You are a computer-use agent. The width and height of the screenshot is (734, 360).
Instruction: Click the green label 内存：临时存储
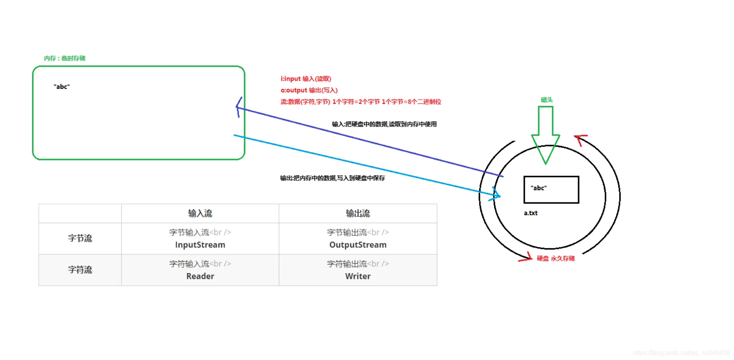[x=65, y=58]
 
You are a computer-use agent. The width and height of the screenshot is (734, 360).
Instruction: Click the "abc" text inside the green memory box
[x=62, y=87]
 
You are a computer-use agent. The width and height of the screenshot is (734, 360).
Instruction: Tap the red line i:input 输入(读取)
[x=306, y=79]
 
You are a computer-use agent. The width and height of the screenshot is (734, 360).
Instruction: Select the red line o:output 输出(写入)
[x=309, y=90]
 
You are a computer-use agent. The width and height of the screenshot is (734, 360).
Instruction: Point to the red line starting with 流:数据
[x=361, y=102]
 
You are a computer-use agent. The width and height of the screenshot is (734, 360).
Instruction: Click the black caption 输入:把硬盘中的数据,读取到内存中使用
[x=384, y=124]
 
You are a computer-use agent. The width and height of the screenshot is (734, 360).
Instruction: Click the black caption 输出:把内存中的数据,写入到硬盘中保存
[x=332, y=178]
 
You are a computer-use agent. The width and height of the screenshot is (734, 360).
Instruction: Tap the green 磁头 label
[x=547, y=100]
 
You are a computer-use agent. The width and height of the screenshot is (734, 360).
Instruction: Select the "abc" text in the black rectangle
[x=539, y=188]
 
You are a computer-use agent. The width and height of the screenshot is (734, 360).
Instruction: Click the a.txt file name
[x=531, y=213]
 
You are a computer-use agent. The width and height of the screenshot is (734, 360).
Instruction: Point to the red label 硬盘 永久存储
[x=555, y=258]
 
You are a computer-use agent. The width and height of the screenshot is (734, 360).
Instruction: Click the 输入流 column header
[x=200, y=214]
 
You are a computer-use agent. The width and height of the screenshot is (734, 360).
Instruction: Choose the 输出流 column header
[x=358, y=214]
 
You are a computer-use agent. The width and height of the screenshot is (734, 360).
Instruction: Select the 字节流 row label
[x=80, y=238]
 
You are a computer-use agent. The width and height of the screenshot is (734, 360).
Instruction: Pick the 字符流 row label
[x=80, y=270]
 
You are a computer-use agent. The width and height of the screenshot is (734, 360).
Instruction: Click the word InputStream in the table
[x=200, y=245]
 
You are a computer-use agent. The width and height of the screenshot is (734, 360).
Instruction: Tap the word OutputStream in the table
[x=358, y=245]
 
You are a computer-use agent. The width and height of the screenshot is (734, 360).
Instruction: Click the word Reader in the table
[x=200, y=276]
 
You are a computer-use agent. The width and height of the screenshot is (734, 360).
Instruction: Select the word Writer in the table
[x=358, y=276]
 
